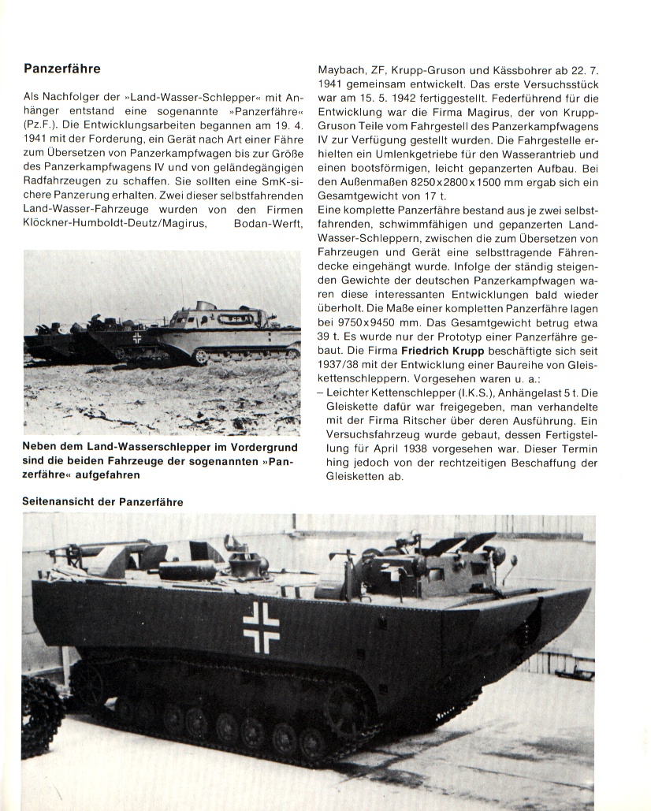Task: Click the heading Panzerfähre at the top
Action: click(x=62, y=69)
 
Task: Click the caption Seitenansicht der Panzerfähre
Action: click(x=103, y=502)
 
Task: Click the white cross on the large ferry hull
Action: click(x=260, y=627)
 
